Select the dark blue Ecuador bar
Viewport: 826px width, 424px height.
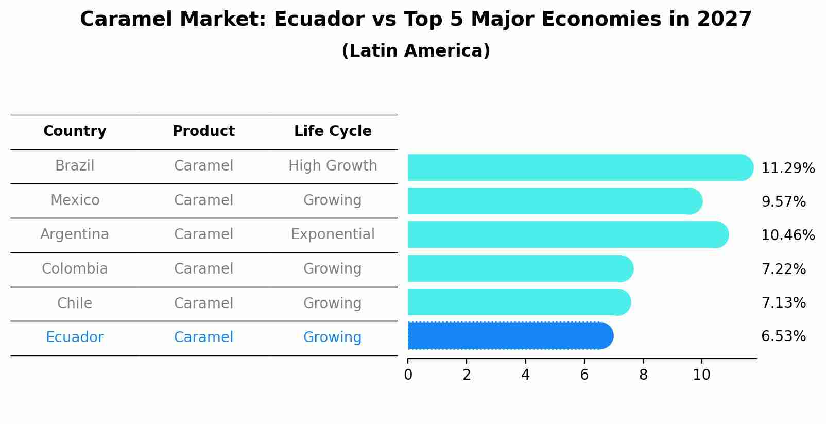(510, 336)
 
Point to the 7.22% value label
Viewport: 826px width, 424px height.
(783, 269)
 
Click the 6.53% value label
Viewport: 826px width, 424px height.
(783, 336)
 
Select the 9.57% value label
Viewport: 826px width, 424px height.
(783, 201)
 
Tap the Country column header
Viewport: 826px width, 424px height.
(75, 131)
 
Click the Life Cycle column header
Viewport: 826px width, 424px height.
(333, 131)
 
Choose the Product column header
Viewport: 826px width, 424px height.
(203, 131)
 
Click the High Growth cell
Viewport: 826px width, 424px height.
(333, 166)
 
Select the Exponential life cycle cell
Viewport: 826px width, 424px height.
(333, 234)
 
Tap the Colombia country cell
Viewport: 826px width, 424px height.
(75, 269)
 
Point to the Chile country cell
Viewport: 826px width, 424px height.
(75, 303)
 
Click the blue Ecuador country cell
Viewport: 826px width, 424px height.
(75, 337)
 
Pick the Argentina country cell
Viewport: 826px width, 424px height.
(75, 234)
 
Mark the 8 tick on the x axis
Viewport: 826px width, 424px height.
(643, 375)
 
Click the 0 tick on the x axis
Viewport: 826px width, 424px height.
(408, 375)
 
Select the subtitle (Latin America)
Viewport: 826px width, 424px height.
(416, 51)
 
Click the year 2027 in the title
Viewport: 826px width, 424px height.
(724, 20)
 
